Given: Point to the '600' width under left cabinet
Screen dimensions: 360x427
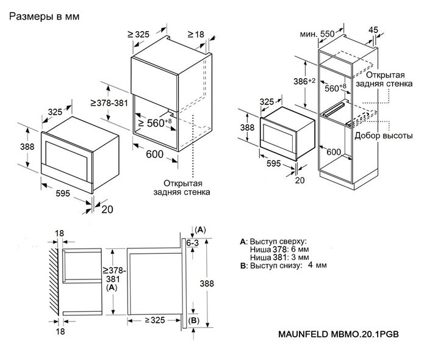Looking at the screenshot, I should coord(154,154).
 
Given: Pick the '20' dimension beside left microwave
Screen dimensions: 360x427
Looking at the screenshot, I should coord(108,209).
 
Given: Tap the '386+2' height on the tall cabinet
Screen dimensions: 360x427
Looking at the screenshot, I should coord(301,81).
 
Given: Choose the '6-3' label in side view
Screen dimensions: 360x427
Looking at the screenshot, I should coord(193,243).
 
